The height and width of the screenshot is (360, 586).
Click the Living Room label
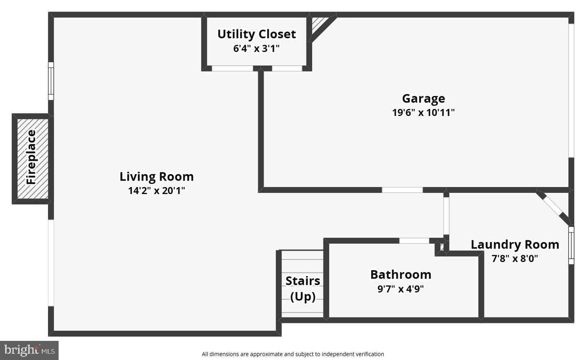(x=156, y=177)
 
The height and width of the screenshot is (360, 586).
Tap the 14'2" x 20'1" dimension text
(x=156, y=190)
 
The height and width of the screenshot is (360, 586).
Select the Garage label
(x=423, y=98)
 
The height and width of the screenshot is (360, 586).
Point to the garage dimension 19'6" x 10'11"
(x=423, y=112)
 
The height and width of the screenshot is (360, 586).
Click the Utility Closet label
(x=256, y=34)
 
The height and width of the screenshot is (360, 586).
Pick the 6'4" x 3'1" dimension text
(x=256, y=48)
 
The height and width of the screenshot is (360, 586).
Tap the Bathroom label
(x=400, y=275)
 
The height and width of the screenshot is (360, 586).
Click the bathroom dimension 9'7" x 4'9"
(x=400, y=289)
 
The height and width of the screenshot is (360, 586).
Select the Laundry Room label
(x=515, y=244)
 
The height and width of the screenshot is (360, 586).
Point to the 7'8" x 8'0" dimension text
(x=515, y=258)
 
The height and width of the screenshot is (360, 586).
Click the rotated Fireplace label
(x=31, y=157)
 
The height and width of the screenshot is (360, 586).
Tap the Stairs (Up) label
(x=302, y=288)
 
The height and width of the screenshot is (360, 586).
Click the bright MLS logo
(x=29, y=350)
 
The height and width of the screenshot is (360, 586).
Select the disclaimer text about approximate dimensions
(x=293, y=354)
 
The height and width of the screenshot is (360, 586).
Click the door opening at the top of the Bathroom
(x=414, y=241)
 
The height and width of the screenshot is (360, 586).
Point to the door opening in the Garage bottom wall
(x=402, y=190)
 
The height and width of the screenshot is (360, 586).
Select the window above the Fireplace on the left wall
(x=51, y=81)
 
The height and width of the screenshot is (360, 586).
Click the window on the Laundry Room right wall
(x=571, y=245)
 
